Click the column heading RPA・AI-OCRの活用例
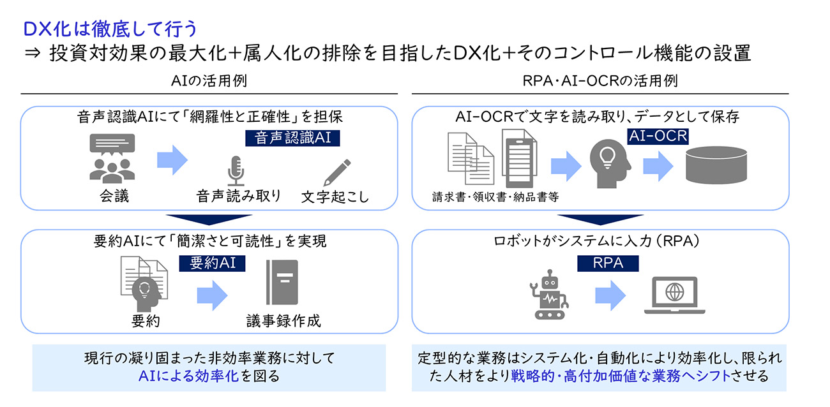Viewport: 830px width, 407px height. [600, 82]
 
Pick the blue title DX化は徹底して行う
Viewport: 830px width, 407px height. [110, 29]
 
